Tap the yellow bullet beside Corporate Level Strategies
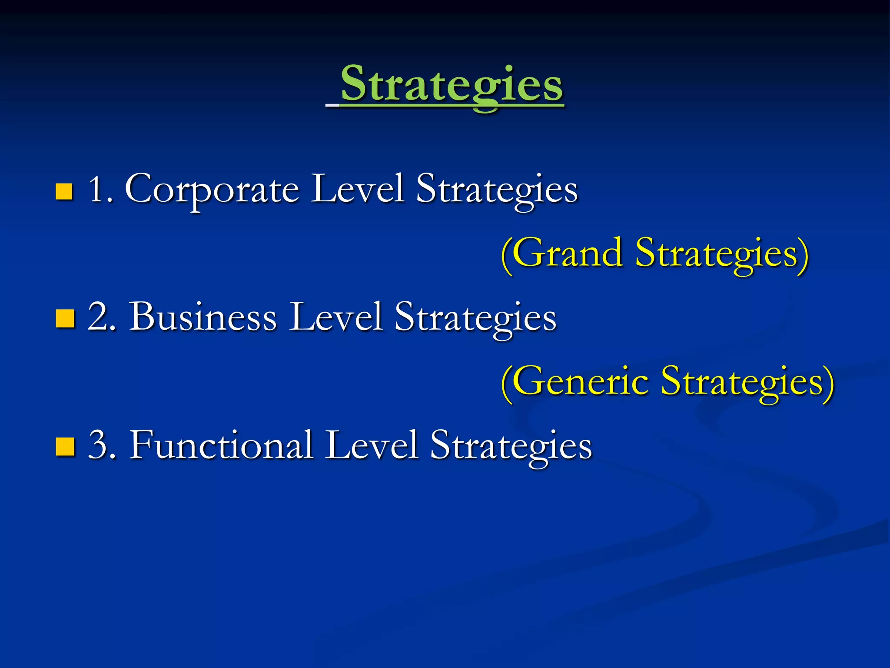click(x=64, y=191)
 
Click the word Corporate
click(x=212, y=190)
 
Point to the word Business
click(x=203, y=317)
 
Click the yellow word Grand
click(x=567, y=253)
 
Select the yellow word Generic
click(x=580, y=381)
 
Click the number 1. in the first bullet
click(x=100, y=190)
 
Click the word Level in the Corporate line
click(x=357, y=189)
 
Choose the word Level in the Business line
click(x=336, y=317)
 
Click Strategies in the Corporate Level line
click(x=497, y=190)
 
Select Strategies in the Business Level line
click(x=475, y=318)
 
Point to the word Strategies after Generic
click(x=747, y=382)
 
